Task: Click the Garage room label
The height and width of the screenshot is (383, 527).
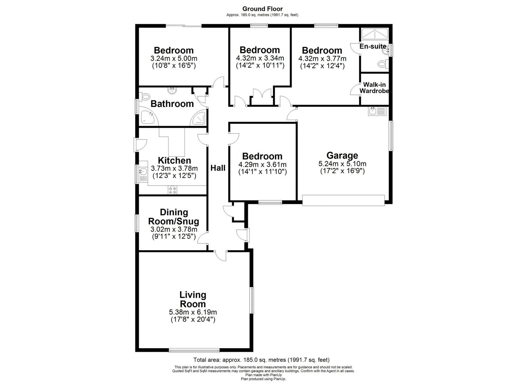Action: tap(342, 155)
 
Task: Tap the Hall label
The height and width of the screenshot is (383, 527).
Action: tap(218, 168)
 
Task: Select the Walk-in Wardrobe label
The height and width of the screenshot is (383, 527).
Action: tap(374, 88)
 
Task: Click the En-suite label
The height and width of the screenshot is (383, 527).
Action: tap(372, 46)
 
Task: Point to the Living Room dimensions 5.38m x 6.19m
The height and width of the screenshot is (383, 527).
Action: tap(193, 312)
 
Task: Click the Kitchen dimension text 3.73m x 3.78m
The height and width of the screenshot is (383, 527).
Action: tap(174, 168)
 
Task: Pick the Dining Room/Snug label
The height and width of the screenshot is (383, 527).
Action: tap(174, 217)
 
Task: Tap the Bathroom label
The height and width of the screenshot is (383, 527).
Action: tap(172, 104)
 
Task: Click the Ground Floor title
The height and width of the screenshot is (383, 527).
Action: tap(262, 9)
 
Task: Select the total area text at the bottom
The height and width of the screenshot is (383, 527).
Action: tap(261, 360)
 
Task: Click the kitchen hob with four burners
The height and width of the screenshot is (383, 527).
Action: tap(173, 190)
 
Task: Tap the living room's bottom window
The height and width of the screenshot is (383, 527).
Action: tap(194, 350)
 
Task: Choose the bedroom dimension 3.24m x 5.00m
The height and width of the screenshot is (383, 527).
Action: tap(174, 58)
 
